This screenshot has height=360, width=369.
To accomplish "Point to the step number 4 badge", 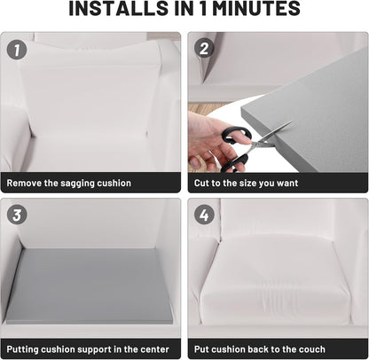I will [204, 215].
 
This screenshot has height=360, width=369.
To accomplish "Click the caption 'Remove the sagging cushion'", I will [71, 184].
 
